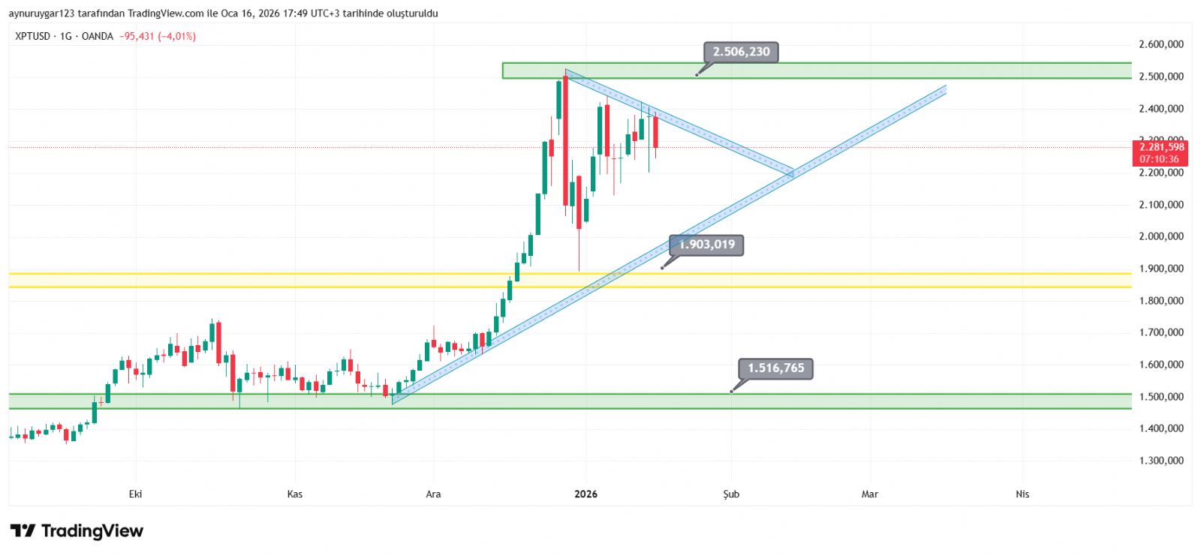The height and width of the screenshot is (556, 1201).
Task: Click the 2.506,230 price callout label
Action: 741,52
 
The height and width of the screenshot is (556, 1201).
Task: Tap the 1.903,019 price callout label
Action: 706,245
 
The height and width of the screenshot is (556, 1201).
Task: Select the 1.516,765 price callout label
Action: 775,368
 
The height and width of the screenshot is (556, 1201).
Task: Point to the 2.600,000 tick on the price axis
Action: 1160,44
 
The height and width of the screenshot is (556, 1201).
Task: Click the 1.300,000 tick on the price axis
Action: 1160,461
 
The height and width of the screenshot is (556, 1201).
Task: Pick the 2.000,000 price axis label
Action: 1160,236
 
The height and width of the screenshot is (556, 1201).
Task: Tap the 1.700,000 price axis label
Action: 1160,332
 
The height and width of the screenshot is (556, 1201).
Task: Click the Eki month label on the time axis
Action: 135,494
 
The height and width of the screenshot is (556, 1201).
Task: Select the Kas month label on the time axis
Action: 295,494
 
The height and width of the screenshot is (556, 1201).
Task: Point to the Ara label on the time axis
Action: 433,494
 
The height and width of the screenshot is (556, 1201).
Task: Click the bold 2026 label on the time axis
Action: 585,494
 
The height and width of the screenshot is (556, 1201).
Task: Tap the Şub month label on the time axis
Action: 731,494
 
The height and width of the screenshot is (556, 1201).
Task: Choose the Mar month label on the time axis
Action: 869,494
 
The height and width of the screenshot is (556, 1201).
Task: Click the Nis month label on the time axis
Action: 1022,494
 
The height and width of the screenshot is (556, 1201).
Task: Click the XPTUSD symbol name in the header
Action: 33,36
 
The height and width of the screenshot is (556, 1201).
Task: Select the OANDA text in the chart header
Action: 98,36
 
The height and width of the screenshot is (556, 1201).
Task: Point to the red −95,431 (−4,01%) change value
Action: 158,36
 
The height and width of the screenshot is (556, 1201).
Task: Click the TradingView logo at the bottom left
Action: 77,531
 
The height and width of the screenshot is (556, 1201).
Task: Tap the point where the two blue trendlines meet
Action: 792,174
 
